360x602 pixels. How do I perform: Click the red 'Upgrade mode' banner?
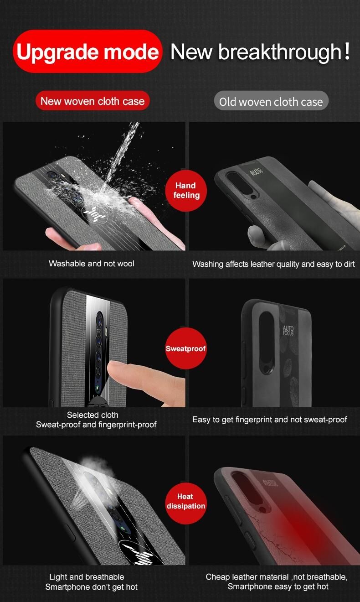[x=87, y=51]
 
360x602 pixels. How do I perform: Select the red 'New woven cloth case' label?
[x=93, y=101]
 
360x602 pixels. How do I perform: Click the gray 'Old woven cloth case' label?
[x=271, y=101]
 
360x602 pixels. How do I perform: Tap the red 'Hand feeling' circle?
[x=186, y=190]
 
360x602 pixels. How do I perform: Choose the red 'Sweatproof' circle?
[x=186, y=348]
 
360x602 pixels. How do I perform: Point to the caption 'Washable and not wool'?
[x=92, y=264]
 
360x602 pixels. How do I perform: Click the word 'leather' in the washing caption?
[x=262, y=264]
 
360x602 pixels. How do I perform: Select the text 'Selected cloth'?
[x=93, y=415]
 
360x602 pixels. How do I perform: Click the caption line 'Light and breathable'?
[x=87, y=577]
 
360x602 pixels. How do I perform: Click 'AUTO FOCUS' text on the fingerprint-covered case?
[x=288, y=330]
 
